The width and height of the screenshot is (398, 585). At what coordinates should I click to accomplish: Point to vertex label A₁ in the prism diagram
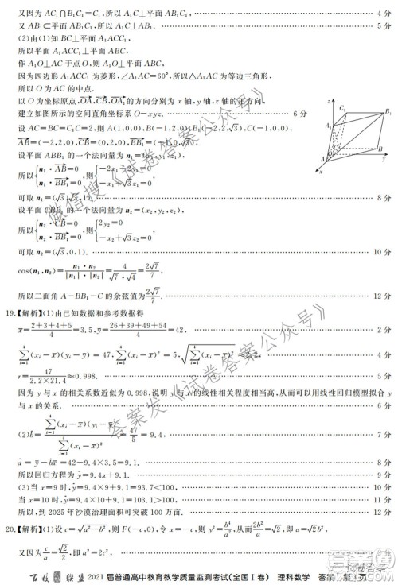[328, 126]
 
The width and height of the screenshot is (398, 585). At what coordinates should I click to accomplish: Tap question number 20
[10, 526]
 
